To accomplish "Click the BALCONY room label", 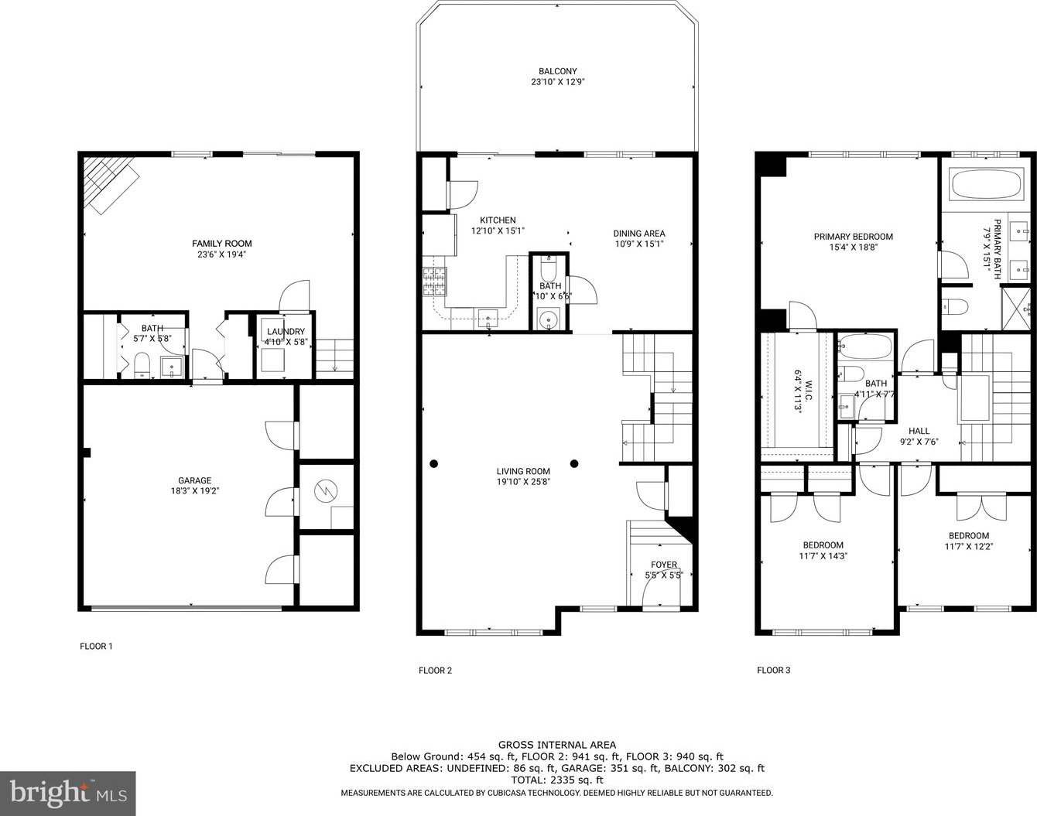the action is (557, 71).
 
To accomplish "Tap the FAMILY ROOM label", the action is (221, 244).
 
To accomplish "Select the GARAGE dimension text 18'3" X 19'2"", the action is (195, 491).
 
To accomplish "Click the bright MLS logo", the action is (68, 794).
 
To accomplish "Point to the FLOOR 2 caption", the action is (435, 670).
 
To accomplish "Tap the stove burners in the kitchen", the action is (435, 282).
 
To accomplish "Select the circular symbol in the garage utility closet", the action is (326, 491).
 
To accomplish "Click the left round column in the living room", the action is (433, 464).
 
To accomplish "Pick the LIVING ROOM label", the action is (523, 471).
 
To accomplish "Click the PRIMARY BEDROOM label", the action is (854, 237).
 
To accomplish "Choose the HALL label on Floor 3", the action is (919, 431).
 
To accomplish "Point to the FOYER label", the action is (664, 565).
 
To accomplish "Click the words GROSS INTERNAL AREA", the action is (557, 745).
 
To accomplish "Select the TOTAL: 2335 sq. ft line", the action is (557, 780).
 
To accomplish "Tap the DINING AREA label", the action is (639, 234).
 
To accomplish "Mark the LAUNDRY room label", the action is (286, 331).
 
